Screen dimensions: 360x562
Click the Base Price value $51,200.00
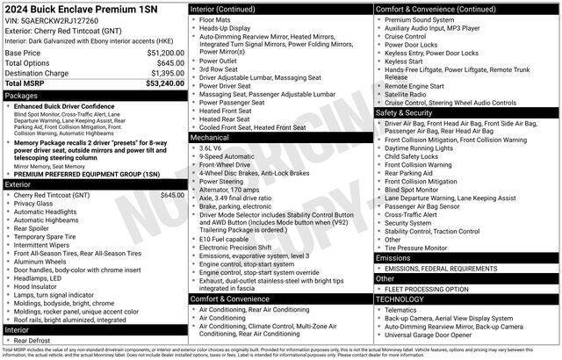pyautogui.click(x=161, y=53)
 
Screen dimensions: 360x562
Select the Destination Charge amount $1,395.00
pyautogui.click(x=163, y=73)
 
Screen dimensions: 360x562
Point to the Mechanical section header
pyautogui.click(x=211, y=138)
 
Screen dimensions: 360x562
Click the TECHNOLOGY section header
pyautogui.click(x=402, y=299)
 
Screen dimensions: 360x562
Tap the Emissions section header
pyautogui.click(x=393, y=258)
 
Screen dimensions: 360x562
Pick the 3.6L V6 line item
pyautogui.click(x=211, y=148)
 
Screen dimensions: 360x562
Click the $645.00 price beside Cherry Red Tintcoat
pyautogui.click(x=171, y=194)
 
